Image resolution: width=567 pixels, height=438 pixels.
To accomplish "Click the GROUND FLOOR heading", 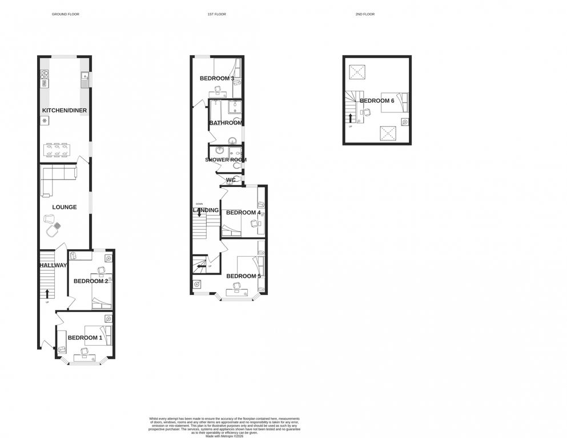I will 65,14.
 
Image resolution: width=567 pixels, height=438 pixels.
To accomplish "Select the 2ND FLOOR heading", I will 365,14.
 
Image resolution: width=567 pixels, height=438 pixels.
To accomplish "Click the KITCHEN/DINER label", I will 64,110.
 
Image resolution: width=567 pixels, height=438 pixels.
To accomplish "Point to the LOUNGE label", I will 65,207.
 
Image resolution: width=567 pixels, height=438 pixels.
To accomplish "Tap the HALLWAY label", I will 53,265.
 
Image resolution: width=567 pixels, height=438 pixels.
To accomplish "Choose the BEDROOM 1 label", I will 85,338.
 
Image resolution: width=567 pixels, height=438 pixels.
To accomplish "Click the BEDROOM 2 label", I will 91,281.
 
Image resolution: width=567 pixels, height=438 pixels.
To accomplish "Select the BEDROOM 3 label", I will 216,78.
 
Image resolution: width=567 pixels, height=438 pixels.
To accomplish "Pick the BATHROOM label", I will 226,123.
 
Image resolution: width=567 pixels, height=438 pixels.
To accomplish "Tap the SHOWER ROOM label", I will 226,160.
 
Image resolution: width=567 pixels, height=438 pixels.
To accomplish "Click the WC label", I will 231,180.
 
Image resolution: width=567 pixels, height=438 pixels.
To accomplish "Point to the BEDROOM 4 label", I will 243,213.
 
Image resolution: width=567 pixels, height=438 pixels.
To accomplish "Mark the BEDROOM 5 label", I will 243,276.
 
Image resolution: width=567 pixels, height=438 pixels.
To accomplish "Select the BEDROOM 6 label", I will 377,101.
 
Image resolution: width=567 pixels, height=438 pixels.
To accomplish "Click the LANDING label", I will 206,210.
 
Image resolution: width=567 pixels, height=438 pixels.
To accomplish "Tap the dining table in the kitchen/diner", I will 57,150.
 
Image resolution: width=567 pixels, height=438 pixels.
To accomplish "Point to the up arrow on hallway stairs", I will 47,293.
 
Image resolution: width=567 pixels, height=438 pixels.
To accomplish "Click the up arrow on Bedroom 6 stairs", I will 351,118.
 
